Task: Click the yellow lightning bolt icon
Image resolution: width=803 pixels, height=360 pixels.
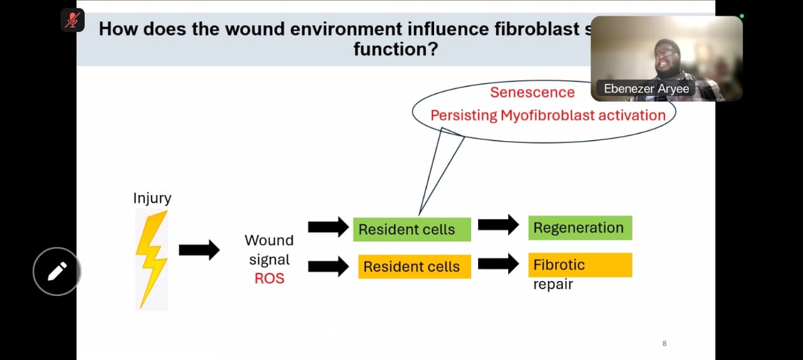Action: point(152,258)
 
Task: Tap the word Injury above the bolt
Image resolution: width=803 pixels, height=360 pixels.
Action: point(152,198)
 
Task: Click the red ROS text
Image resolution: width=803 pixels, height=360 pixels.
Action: point(269,278)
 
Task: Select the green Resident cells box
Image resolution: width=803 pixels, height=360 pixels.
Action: point(412,230)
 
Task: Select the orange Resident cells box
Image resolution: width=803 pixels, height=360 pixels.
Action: point(414,267)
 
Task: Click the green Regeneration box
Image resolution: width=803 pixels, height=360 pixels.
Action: point(580,228)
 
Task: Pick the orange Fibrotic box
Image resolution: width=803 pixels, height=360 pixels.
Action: point(580,265)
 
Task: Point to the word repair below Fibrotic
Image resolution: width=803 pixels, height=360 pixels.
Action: point(553,285)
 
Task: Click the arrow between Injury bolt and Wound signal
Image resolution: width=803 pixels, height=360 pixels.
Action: point(199,250)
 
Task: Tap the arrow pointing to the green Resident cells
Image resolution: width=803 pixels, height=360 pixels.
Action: point(328,227)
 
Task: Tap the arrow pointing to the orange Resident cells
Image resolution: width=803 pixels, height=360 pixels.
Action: point(328,266)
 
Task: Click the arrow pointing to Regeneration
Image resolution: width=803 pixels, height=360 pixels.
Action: point(498,225)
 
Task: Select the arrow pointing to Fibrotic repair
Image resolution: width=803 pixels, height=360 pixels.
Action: point(498,263)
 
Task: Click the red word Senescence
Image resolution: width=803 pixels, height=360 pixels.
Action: point(532,92)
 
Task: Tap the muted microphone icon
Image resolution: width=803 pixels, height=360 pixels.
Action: point(73,20)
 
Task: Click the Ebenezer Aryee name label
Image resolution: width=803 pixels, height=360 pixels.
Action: point(646,88)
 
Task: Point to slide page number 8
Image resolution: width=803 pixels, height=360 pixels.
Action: point(664,344)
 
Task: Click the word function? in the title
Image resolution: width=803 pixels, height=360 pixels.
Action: point(395,49)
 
